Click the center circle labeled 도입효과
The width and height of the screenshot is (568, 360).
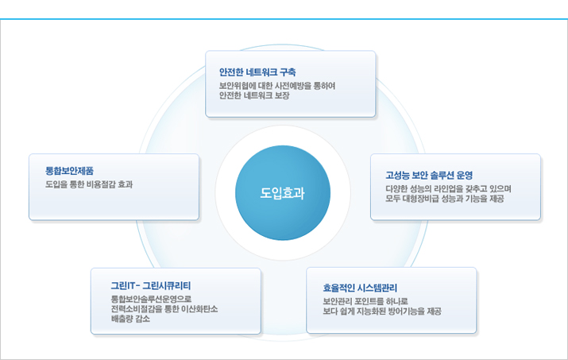[283, 193]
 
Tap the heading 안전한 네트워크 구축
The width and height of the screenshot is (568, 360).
[257, 72]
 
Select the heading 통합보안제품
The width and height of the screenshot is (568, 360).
[70, 171]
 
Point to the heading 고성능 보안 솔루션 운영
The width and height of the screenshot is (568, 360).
[429, 176]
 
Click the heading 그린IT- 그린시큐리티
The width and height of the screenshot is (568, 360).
[151, 285]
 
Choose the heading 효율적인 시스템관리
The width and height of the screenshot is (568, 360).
[360, 288]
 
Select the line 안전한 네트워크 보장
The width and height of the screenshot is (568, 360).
[254, 95]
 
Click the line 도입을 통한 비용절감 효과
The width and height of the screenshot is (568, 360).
[89, 184]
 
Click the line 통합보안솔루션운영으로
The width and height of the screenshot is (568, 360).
[151, 299]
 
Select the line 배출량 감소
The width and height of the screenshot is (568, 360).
[130, 319]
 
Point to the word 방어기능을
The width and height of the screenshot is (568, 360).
[406, 311]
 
